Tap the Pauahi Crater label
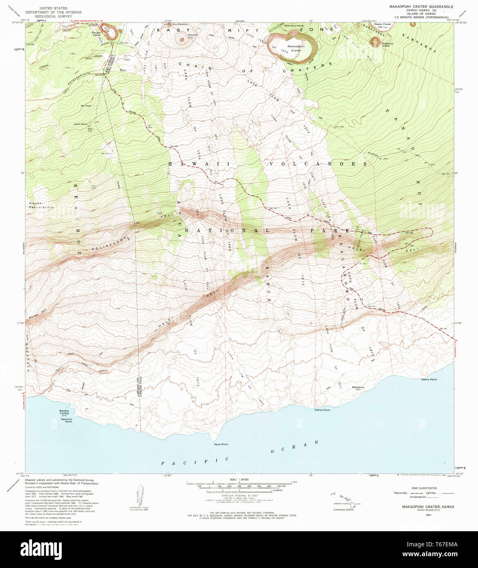pos(96,34)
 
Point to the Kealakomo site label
pos(358,388)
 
